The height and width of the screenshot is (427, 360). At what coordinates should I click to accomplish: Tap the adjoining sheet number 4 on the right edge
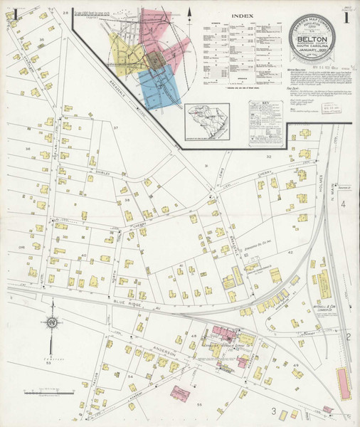(x=343, y=205)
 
